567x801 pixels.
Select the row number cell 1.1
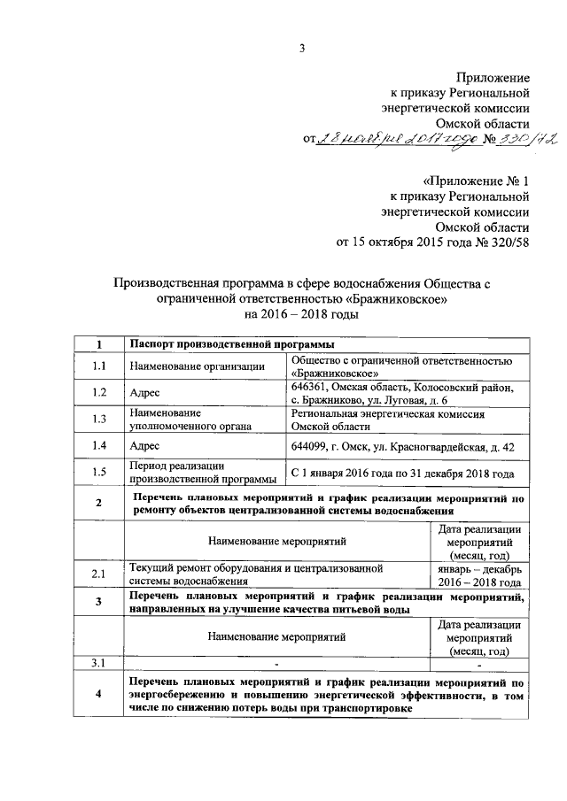pyautogui.click(x=99, y=366)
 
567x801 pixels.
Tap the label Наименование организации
pyautogui.click(x=196, y=366)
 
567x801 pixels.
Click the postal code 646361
pyautogui.click(x=309, y=387)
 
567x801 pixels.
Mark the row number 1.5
pyautogui.click(x=99, y=473)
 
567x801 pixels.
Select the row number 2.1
pyautogui.click(x=99, y=575)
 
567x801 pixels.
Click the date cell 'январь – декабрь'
pyautogui.click(x=478, y=568)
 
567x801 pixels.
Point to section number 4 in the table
pyautogui.click(x=99, y=697)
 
